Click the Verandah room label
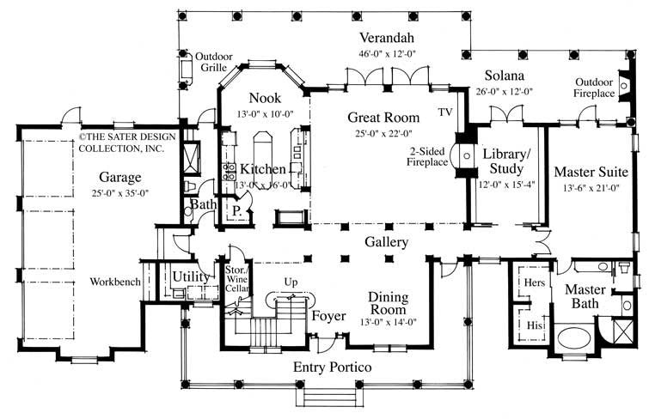387,37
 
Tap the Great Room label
383,117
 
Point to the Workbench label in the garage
114,281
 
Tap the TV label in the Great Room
444,112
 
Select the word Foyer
328,315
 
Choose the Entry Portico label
332,367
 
